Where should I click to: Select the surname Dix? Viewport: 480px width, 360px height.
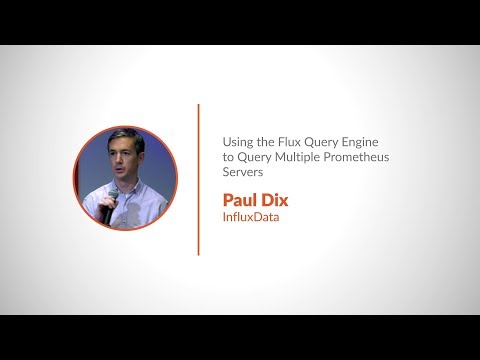[x=275, y=198]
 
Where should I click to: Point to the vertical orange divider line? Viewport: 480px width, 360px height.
[x=198, y=180]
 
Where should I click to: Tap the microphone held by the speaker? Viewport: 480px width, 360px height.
[x=107, y=206]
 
